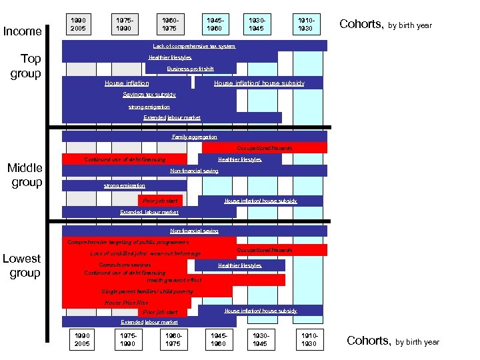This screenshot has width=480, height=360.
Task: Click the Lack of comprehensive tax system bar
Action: tap(194, 46)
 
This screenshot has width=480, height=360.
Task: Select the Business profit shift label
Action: tap(190, 69)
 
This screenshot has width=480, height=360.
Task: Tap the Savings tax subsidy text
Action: tap(149, 95)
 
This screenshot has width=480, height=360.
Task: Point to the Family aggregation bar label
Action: tap(194, 136)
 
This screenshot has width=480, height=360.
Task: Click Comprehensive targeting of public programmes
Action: tap(128, 243)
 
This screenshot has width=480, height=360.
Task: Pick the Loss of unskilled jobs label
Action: tap(145, 253)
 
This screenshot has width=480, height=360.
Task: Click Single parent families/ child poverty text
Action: tap(147, 291)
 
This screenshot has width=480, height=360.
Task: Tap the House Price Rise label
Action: tap(127, 303)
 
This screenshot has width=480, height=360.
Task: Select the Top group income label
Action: tap(26, 66)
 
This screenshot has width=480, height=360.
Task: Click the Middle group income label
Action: tap(25, 175)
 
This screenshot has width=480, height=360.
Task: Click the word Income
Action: tap(23, 31)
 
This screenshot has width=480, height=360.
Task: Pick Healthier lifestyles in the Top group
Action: tap(170, 57)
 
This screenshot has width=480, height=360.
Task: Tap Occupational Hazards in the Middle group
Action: tap(265, 148)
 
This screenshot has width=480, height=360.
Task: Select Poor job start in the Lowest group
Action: tap(161, 312)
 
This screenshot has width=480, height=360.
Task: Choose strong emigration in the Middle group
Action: tap(125, 185)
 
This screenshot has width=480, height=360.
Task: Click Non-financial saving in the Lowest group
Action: tap(194, 231)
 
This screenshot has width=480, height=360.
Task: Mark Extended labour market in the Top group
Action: tap(172, 117)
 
